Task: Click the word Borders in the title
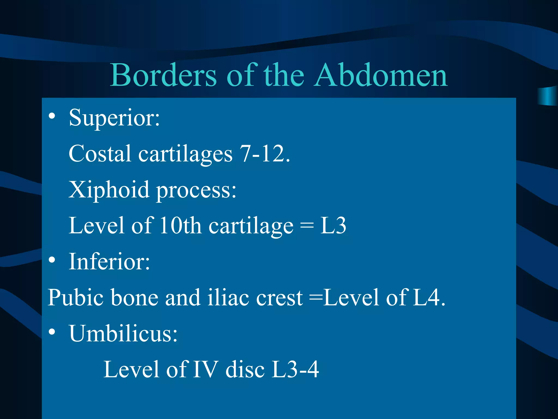pyautogui.click(x=163, y=75)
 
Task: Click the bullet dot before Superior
pyautogui.click(x=52, y=116)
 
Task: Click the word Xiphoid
pyautogui.click(x=109, y=190)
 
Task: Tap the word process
pyautogui.click(x=196, y=191)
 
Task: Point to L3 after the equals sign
pyautogui.click(x=333, y=226)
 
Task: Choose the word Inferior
pyautogui.click(x=109, y=262)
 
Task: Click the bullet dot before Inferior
pyautogui.click(x=52, y=260)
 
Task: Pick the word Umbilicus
pyautogui.click(x=123, y=333)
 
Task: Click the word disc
pyautogui.click(x=245, y=369)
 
